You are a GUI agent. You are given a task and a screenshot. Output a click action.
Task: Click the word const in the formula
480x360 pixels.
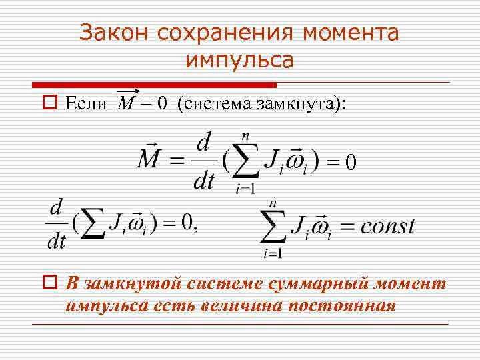point(387,226)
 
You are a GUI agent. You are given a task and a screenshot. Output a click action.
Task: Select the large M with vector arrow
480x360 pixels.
point(150,159)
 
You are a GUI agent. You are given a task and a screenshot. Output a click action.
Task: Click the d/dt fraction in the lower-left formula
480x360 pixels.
point(57,224)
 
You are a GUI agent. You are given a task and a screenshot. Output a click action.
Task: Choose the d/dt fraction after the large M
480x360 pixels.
point(203,160)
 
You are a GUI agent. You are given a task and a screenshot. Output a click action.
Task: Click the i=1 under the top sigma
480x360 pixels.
point(244,188)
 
